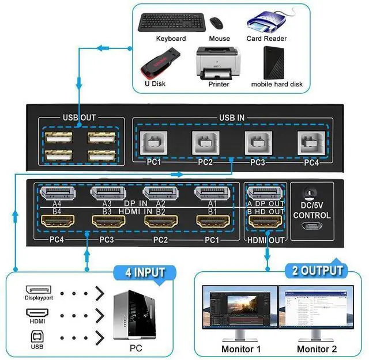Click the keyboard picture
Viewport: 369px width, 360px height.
[x=172, y=22]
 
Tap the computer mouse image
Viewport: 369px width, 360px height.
[x=216, y=23]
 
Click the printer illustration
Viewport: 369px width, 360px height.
[x=218, y=63]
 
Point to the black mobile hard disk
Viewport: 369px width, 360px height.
[x=274, y=63]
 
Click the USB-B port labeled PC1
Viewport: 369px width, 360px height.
[x=154, y=143]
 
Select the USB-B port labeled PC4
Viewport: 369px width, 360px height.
[x=311, y=143]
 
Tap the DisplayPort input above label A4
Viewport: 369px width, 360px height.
[x=58, y=194]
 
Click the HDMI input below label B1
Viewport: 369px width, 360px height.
[x=213, y=221]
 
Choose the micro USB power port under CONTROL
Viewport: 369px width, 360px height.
[x=312, y=226]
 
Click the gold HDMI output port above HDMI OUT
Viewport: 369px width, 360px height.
[x=265, y=221]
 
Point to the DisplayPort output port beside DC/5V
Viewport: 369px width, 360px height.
[x=265, y=194]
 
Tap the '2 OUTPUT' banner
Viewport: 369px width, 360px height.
[x=317, y=270]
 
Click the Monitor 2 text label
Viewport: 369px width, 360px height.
[x=317, y=348]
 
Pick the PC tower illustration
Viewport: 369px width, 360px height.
[x=135, y=315]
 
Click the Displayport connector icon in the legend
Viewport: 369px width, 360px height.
[x=39, y=290]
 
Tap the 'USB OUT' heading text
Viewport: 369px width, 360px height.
[x=80, y=118]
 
